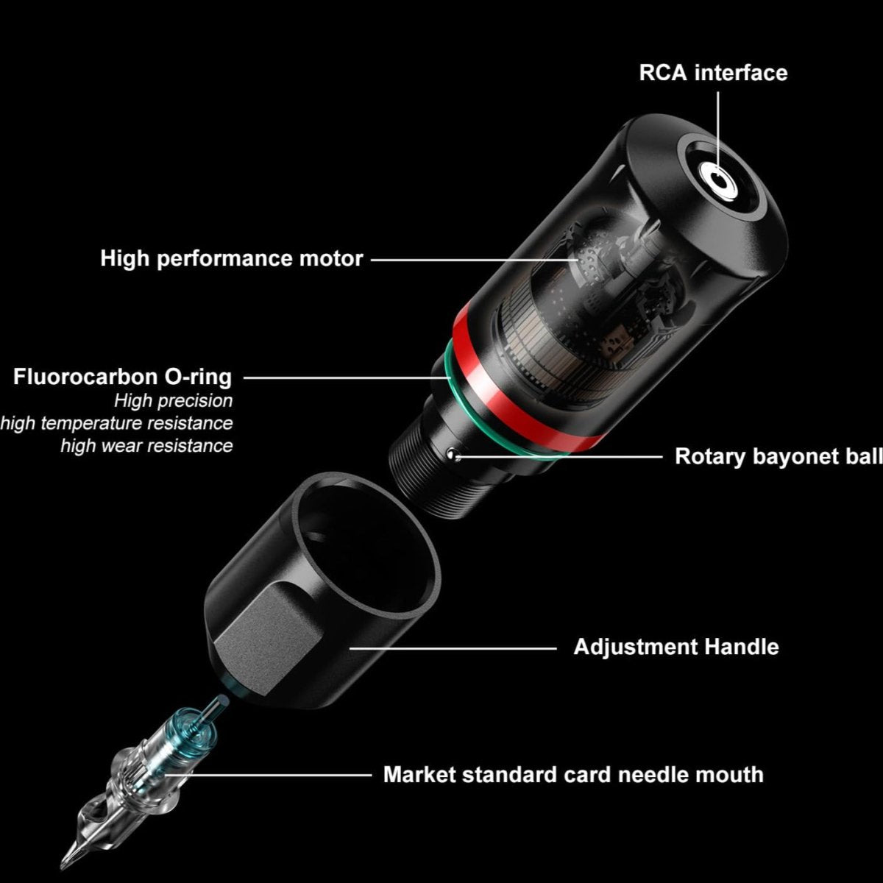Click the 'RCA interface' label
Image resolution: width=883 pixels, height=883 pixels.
pos(713,74)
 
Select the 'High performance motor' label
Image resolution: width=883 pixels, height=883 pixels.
pos(231,259)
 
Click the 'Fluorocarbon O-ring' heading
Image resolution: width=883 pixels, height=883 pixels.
pos(122,377)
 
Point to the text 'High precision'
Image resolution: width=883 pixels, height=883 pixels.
pos(173,401)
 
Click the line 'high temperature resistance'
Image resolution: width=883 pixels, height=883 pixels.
pos(116,423)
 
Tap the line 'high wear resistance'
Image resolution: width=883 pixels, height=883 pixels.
pos(146,445)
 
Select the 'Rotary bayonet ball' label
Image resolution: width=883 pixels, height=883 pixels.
pos(779,456)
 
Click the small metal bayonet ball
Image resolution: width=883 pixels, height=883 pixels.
pos(454,454)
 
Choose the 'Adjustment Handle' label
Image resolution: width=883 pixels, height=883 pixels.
pos(676,647)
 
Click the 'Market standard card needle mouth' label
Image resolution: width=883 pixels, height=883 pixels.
pos(573,775)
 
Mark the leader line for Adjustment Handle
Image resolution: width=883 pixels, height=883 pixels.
pos(453,648)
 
